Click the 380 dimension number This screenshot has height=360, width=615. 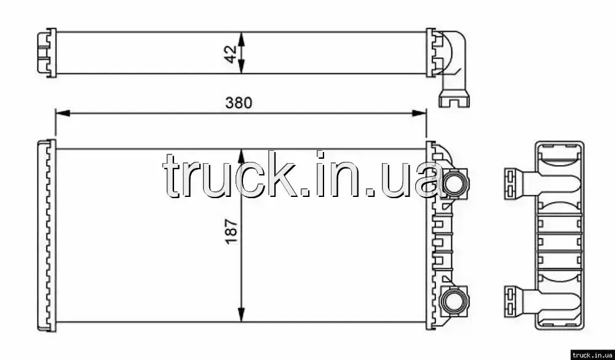click(x=239, y=103)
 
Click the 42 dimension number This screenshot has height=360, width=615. click(x=232, y=54)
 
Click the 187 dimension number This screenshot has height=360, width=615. click(x=232, y=231)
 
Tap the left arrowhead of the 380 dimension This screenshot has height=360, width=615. click(x=63, y=113)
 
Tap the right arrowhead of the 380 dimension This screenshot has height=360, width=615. click(x=419, y=113)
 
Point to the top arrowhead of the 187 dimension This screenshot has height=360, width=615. click(x=242, y=156)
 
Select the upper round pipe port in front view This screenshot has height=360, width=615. click(x=455, y=183)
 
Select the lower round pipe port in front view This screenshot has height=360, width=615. click(x=455, y=301)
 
